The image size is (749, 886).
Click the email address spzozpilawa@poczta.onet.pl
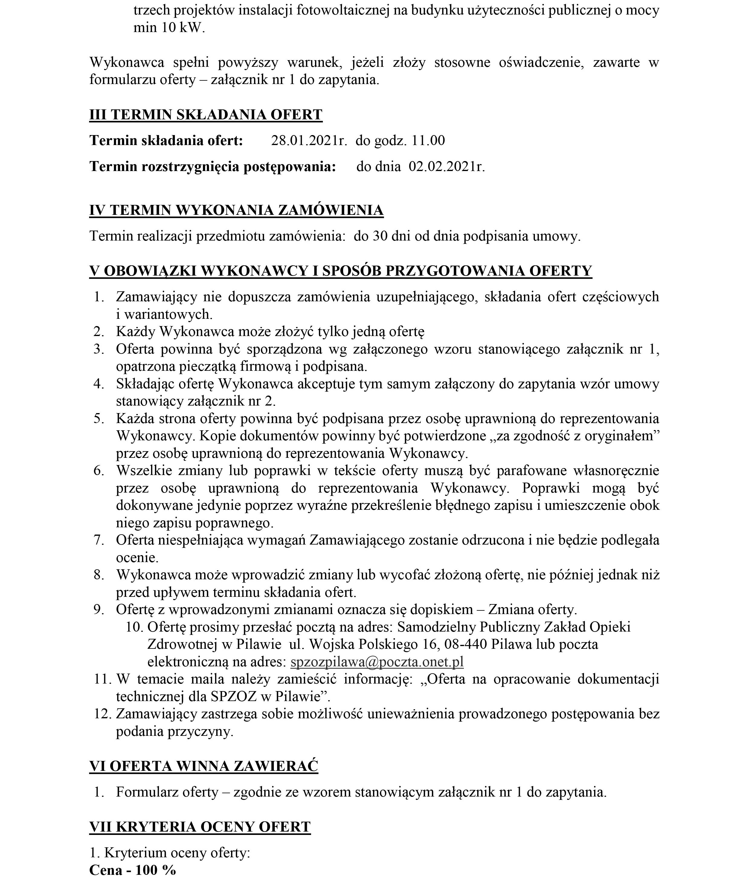coord(377,662)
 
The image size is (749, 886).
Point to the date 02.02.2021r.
coord(447,167)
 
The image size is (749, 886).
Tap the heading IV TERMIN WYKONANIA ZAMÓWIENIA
coord(236,210)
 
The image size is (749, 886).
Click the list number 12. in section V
coord(102,714)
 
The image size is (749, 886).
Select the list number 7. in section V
coord(99,540)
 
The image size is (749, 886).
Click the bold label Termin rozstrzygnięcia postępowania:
coord(213,167)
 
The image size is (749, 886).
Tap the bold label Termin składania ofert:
coord(166,141)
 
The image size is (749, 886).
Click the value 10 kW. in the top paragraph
coord(183,28)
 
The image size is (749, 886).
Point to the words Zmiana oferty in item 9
coord(532,610)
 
